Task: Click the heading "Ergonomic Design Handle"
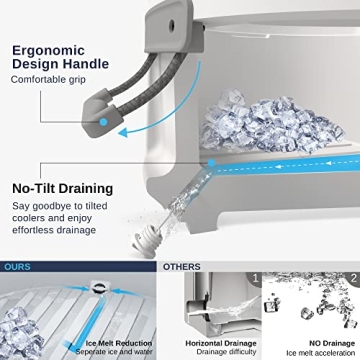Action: click(60, 57)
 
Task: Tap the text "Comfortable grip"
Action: click(48, 80)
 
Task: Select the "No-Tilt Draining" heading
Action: click(63, 189)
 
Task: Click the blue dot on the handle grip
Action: click(104, 122)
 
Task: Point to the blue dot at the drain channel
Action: click(211, 163)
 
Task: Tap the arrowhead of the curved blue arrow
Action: click(123, 133)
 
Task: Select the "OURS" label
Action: click(17, 267)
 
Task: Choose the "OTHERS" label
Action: click(182, 267)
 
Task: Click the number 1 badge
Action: click(256, 278)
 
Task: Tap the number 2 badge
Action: click(354, 278)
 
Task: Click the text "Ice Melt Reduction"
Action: click(119, 344)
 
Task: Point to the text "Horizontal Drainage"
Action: click(221, 344)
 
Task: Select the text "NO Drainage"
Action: click(332, 344)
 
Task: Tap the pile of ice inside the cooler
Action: click(269, 123)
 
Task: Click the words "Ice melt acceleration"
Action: click(321, 353)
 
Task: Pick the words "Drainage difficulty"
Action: click(227, 352)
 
